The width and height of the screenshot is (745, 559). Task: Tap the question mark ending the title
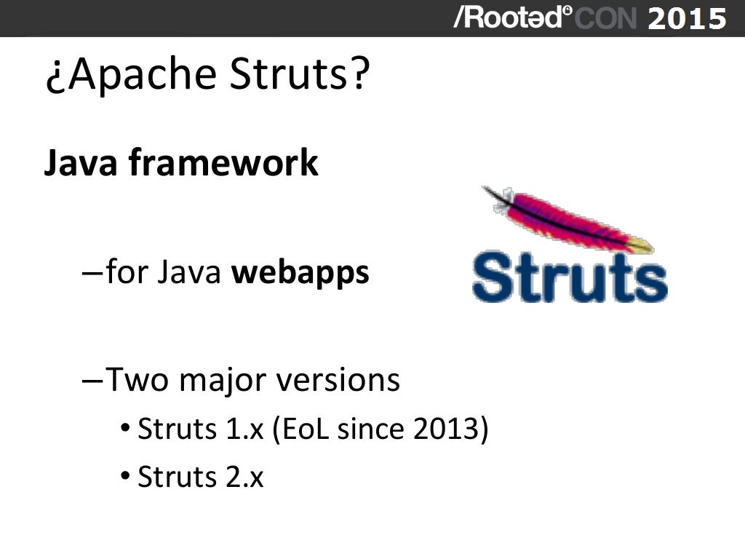(360, 75)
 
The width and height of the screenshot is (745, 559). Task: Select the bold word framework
(223, 163)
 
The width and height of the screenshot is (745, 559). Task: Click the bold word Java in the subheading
(80, 163)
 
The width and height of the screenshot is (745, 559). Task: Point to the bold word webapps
(300, 274)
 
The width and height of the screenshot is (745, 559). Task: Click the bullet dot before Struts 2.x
(126, 477)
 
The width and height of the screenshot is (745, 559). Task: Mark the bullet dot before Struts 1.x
(126, 429)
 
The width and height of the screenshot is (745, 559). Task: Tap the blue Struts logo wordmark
(570, 277)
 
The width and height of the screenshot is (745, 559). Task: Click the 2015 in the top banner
(686, 18)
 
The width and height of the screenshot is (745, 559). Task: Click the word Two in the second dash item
(135, 380)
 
